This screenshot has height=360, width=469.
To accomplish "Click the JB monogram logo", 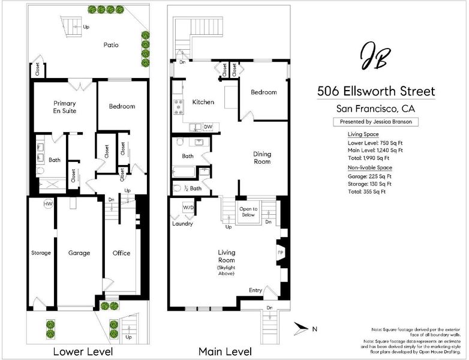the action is pos(375,56).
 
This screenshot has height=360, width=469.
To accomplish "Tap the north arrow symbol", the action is pos(301,329).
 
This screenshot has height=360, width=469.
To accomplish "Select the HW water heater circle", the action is pos(48,204).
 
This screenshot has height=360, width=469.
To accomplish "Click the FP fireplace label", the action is pos(280,253).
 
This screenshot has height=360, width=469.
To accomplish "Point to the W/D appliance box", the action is pos(188,208).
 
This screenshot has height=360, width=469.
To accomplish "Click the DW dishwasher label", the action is pos(208,127).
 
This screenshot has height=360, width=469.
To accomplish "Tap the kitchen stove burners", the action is pos(179,107).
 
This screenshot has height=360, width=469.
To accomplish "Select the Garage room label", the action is pos(79,253).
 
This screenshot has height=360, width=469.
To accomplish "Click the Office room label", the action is pos(121,253).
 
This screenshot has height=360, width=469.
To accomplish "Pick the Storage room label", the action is pos(41,253).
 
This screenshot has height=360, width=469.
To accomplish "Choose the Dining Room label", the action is pos(262,158).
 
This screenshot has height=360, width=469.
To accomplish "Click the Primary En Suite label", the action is pos(65,107).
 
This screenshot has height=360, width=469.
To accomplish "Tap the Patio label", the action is pos(111,45).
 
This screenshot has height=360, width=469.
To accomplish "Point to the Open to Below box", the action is pos(248,212).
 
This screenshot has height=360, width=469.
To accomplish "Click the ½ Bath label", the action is pos(193,188).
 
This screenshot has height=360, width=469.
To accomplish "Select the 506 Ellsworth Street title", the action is pos(376,91).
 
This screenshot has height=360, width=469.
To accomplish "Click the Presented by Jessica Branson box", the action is pos(375,122).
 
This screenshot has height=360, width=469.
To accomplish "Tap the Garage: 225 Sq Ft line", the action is pos(369,176).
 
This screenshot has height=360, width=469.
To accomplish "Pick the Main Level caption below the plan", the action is pos(226,352).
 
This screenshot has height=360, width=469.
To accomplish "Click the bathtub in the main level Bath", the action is pos(184,172).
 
